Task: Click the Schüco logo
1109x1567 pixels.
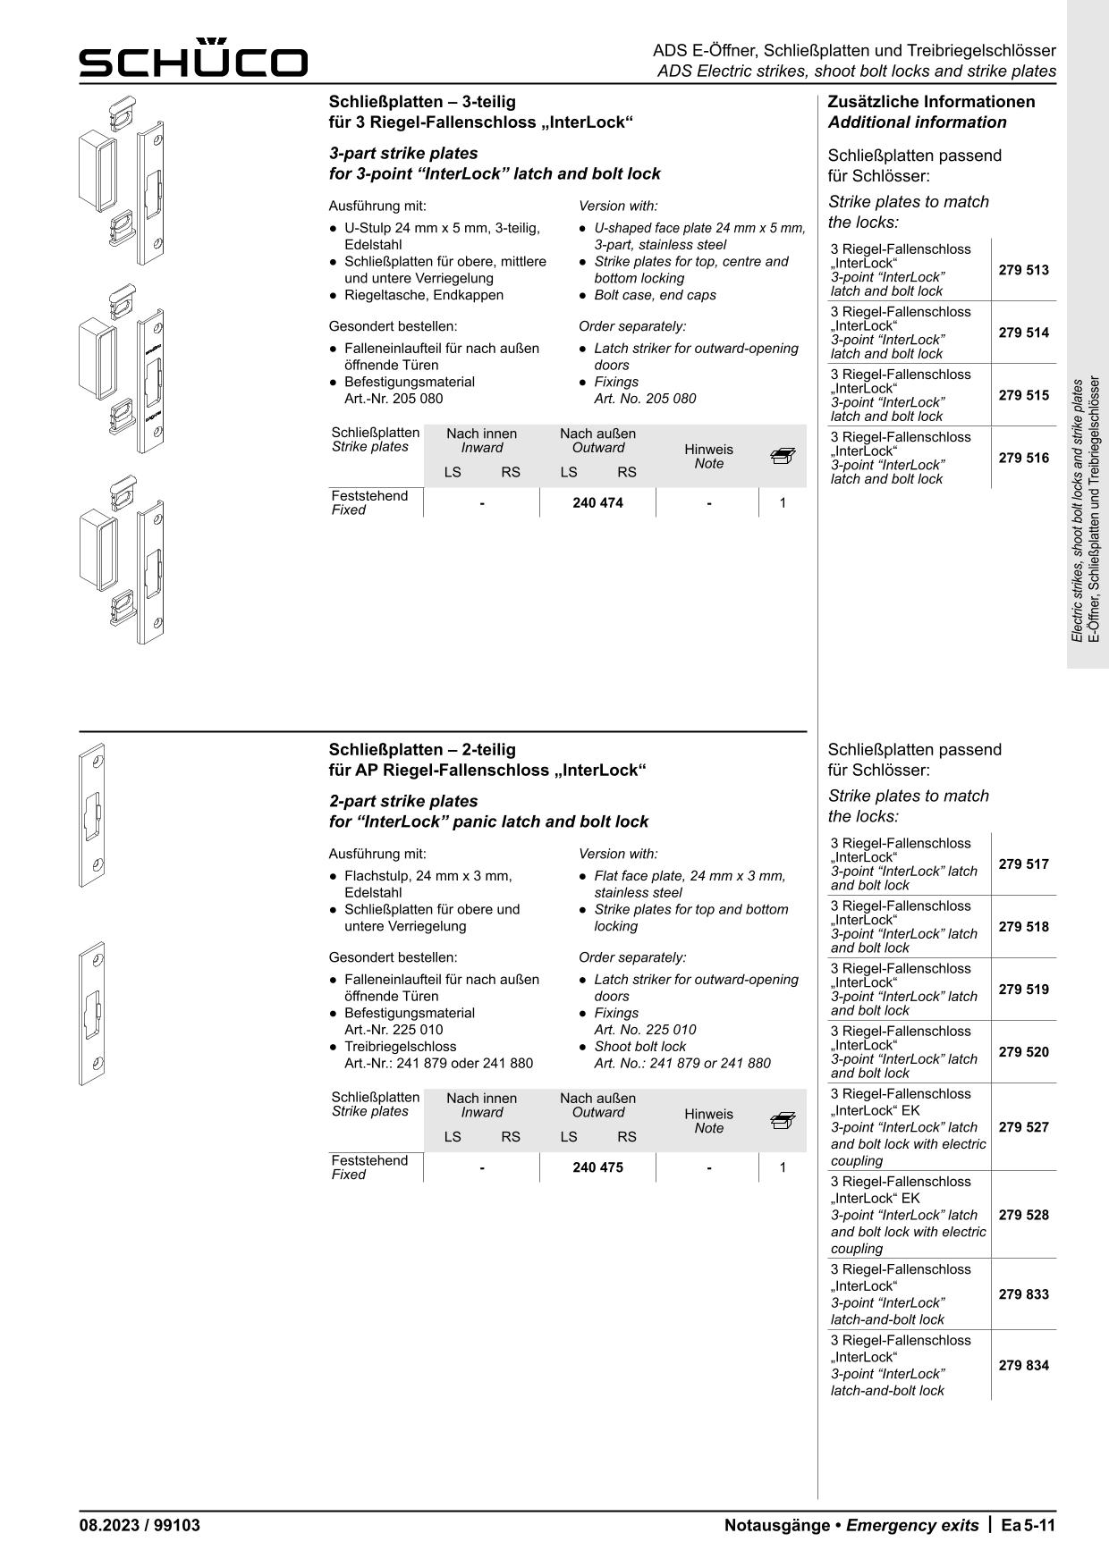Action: click(x=193, y=59)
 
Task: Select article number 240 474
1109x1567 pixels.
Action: click(x=597, y=503)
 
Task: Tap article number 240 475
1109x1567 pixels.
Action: click(x=597, y=1167)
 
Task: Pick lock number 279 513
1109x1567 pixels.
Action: click(x=1023, y=270)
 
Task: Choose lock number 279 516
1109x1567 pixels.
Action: click(x=1023, y=458)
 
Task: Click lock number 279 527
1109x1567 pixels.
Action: click(x=1023, y=1127)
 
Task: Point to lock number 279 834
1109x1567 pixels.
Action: click(x=1023, y=1365)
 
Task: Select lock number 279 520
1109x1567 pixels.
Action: click(x=1023, y=1052)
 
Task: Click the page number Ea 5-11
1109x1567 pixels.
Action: click(x=1029, y=1525)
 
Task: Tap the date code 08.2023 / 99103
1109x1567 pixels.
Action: click(x=140, y=1525)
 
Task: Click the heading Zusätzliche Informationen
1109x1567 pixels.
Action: click(x=931, y=102)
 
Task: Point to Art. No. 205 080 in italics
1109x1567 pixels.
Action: click(x=645, y=399)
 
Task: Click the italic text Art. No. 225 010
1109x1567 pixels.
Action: click(x=645, y=1030)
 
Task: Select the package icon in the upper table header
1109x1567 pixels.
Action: click(x=782, y=457)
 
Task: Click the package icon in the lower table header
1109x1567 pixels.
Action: click(x=782, y=1121)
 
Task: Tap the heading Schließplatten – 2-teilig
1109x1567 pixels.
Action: click(x=422, y=749)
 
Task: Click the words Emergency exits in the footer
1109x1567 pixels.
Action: click(x=912, y=1525)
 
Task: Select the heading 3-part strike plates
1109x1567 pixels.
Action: click(x=403, y=153)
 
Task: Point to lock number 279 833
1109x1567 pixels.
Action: click(x=1023, y=1294)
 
